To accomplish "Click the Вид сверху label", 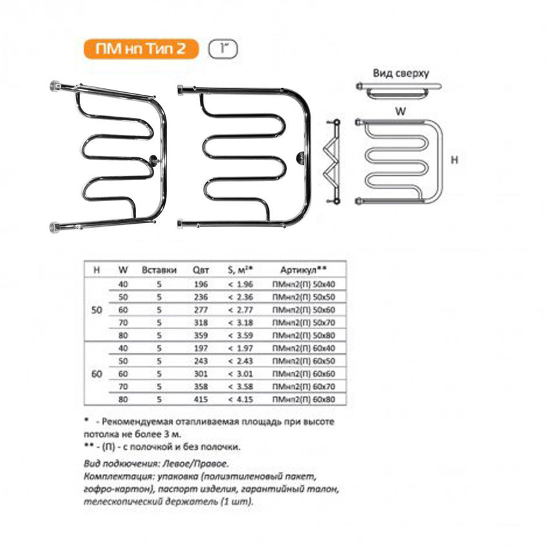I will click(x=400, y=73).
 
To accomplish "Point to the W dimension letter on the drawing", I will click(x=400, y=111).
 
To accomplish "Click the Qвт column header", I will click(x=200, y=270).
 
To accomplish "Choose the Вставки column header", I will click(x=157, y=270).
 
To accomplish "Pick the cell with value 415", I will click(x=200, y=399).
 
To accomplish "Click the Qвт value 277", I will click(x=200, y=310).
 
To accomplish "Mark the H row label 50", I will click(x=97, y=310).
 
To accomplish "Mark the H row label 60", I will click(x=97, y=373).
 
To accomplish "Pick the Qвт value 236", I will click(x=200, y=297).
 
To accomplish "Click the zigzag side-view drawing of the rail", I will click(x=333, y=161).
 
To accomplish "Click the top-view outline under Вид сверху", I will click(x=399, y=90).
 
